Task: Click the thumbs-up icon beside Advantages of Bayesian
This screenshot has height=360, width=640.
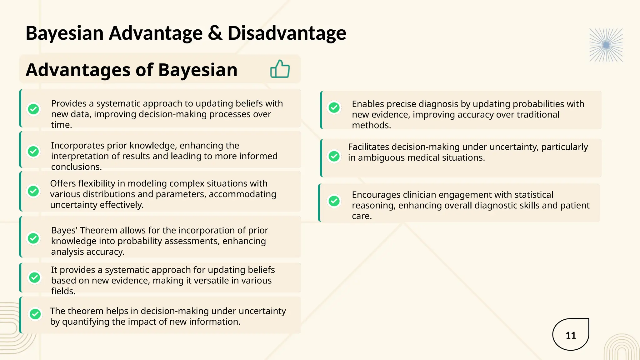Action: pos(280,69)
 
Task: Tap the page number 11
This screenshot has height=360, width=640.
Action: pos(571,335)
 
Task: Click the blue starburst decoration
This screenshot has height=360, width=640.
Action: pos(606,45)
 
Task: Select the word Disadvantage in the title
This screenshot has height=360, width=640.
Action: pos(287,33)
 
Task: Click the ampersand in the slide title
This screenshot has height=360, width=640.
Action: pos(215,33)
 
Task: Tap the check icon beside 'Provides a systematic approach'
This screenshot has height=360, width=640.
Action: pos(33,109)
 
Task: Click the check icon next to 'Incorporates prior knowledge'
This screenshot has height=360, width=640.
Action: pos(33,152)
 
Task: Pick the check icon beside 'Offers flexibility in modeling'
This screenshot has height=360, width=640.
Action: pos(33,191)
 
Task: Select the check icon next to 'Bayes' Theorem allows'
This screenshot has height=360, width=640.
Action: pos(33,238)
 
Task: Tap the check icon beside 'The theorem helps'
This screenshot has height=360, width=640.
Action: pos(35,314)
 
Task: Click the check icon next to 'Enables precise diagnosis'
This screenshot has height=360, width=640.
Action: pos(334,108)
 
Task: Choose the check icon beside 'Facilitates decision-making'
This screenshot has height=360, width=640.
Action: pos(334,156)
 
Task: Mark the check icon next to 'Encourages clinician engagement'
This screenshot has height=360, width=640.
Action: pos(334,201)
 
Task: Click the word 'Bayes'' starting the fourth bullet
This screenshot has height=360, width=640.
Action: pos(64,231)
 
